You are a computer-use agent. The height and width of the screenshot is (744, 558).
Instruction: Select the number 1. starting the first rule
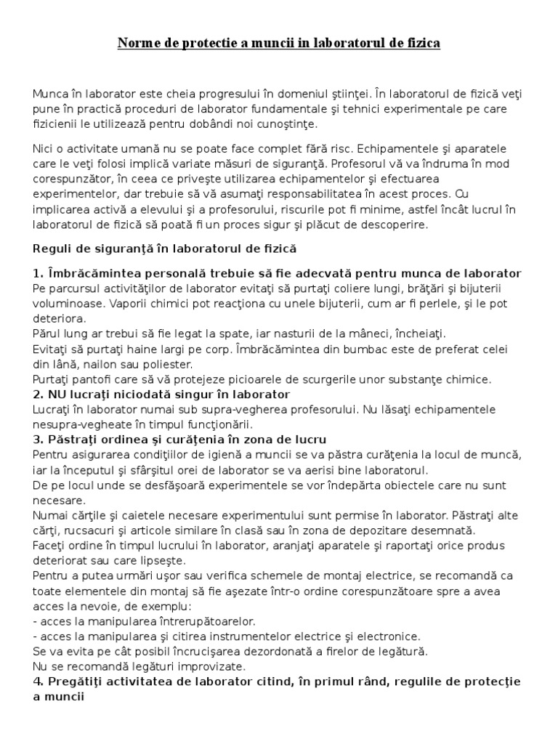(x=39, y=273)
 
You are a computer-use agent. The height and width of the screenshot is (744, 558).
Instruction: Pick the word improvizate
(x=211, y=666)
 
